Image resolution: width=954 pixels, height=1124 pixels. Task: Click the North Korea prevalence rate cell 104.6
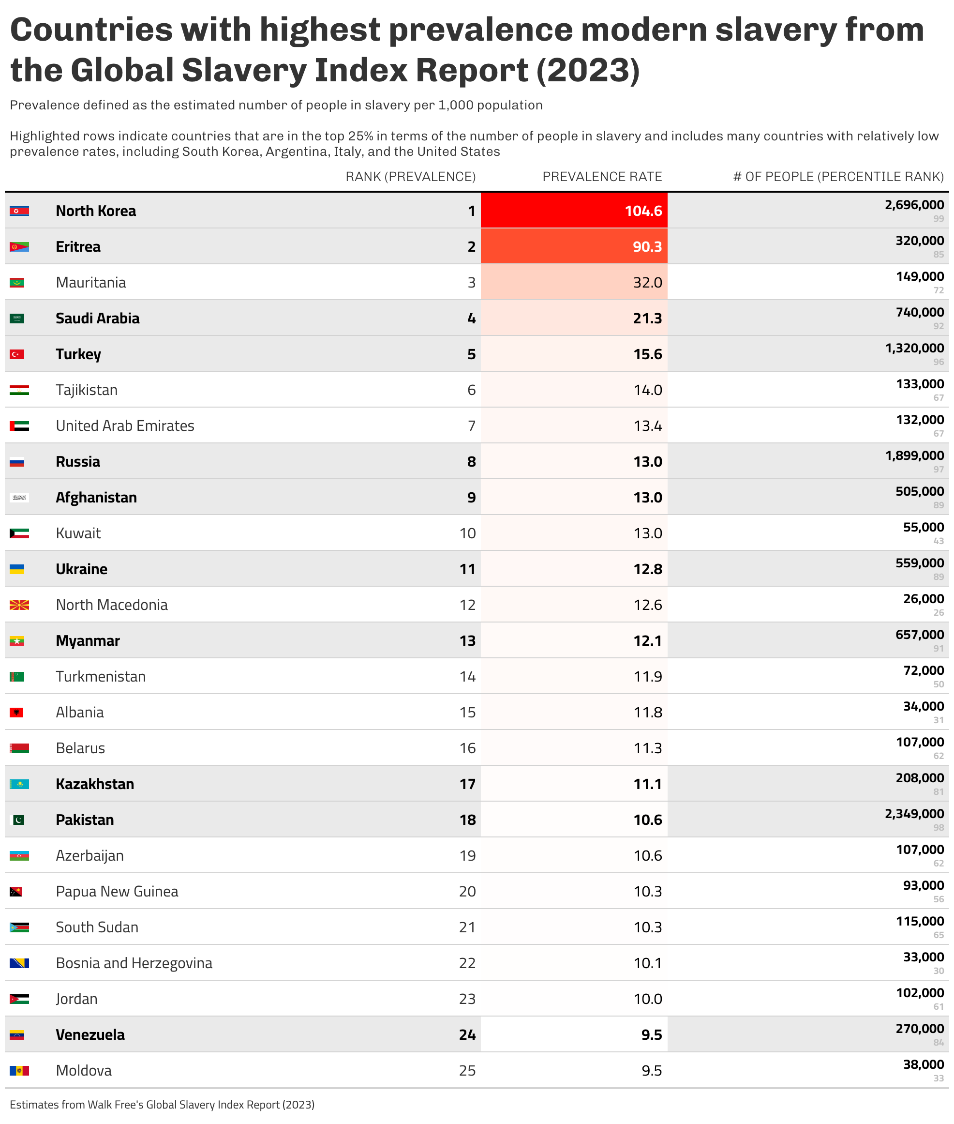[642, 211]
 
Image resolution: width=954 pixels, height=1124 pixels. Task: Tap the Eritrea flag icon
[19, 247]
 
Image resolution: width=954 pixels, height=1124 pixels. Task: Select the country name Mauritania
[91, 283]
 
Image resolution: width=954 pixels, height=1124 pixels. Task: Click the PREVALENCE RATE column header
[602, 176]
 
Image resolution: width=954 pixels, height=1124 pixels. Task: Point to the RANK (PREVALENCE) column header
[410, 176]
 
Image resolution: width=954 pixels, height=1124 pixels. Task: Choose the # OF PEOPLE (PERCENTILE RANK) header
[838, 176]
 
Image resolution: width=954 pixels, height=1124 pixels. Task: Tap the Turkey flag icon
[17, 354]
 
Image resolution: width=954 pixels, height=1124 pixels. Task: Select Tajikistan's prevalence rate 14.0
[647, 390]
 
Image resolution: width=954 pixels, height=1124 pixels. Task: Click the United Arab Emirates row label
[125, 426]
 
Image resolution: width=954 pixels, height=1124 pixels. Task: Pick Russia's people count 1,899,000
[914, 456]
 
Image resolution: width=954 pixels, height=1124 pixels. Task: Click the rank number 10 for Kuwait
[467, 533]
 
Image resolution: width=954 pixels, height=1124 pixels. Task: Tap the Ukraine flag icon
[17, 569]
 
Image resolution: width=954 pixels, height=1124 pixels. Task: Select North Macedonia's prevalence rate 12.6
[647, 605]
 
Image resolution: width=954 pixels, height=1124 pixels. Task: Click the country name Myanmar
[88, 641]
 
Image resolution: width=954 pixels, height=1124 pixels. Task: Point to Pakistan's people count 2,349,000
[914, 814]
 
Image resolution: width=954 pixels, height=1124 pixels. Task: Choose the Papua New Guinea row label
[117, 891]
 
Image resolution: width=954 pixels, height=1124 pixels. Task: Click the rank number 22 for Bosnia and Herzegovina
[467, 963]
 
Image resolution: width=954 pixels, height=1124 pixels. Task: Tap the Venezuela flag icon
[17, 1035]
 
